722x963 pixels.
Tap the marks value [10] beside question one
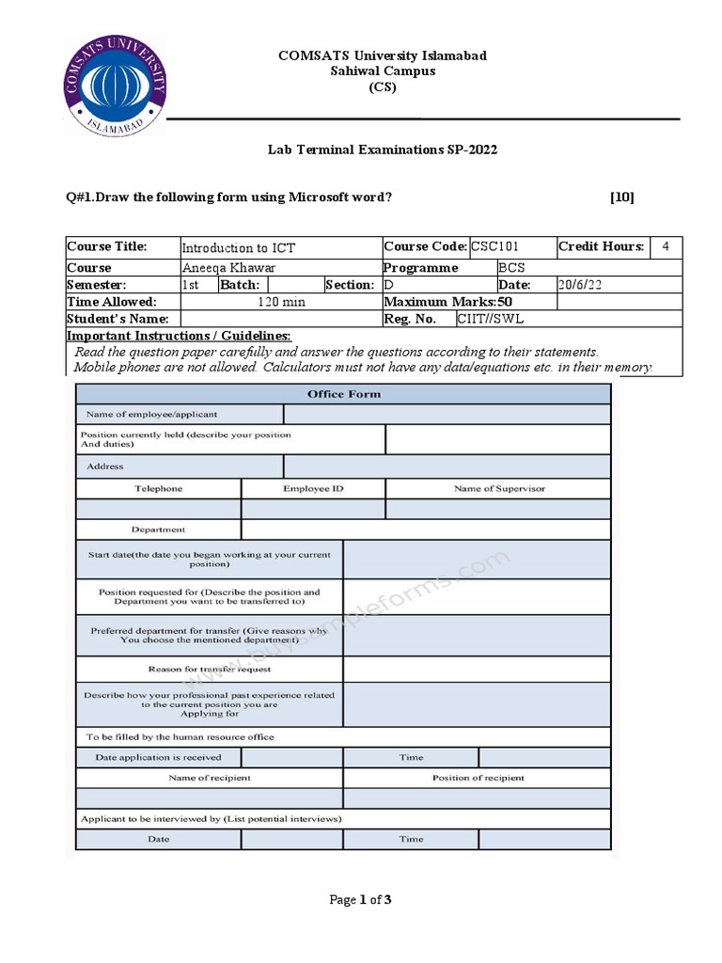(621, 197)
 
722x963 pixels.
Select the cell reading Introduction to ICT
(238, 248)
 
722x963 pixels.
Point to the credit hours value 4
(666, 247)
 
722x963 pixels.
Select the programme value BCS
(511, 268)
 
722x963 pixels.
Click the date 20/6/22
(581, 285)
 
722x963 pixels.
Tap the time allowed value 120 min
(281, 302)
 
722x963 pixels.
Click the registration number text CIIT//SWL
(490, 319)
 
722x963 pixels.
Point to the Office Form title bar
(343, 394)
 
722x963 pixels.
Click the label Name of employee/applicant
(151, 414)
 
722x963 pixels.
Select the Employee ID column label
(313, 489)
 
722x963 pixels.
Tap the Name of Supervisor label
(498, 489)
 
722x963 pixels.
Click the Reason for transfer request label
(210, 670)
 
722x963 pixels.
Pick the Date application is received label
(158, 757)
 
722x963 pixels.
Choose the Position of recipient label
(478, 778)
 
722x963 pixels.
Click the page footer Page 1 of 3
(360, 900)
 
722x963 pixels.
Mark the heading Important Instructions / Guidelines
(179, 336)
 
